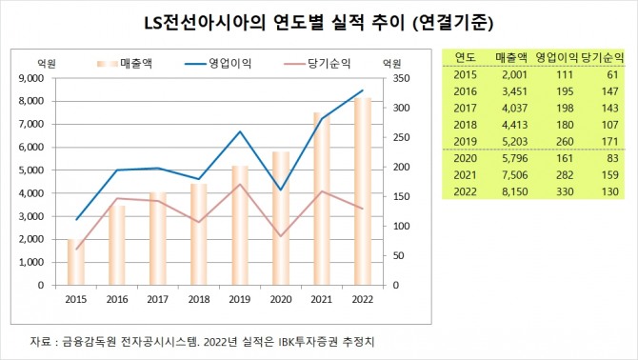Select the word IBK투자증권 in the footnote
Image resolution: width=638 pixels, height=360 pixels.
(306, 341)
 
